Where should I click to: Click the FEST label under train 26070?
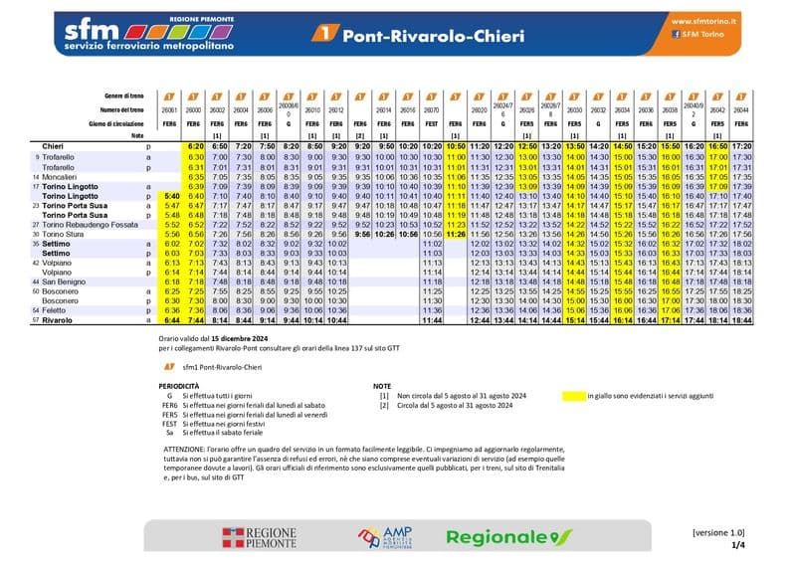432,123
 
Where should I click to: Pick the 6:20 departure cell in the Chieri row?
195,146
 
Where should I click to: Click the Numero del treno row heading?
124,110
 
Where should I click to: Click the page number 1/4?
737,545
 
